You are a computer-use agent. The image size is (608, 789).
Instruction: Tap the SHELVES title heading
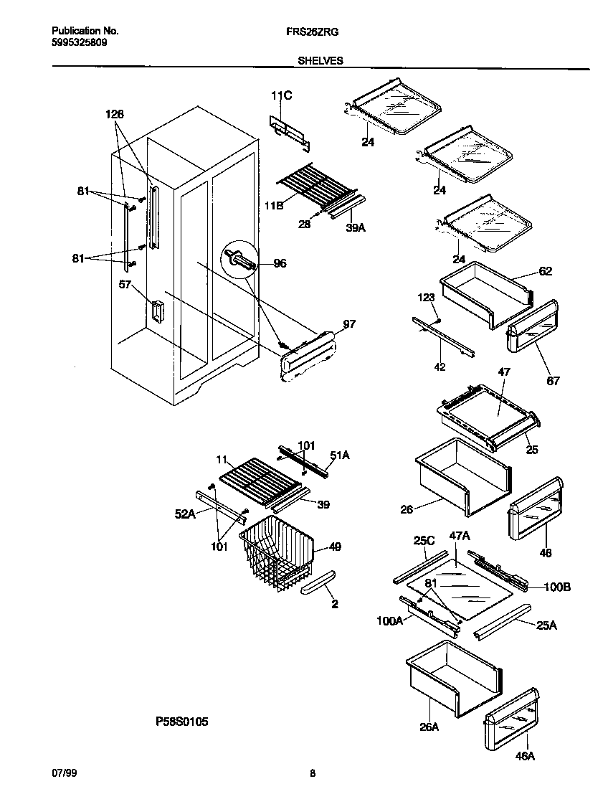click(320, 62)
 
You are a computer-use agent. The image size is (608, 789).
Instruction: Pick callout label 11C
click(282, 96)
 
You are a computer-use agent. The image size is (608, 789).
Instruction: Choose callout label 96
click(280, 263)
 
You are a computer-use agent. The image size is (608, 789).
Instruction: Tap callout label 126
click(115, 114)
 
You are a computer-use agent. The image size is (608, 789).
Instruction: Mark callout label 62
click(546, 272)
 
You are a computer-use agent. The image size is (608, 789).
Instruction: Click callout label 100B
click(556, 587)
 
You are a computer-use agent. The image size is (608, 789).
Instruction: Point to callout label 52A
click(184, 514)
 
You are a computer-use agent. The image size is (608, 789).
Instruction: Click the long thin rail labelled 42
click(443, 335)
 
